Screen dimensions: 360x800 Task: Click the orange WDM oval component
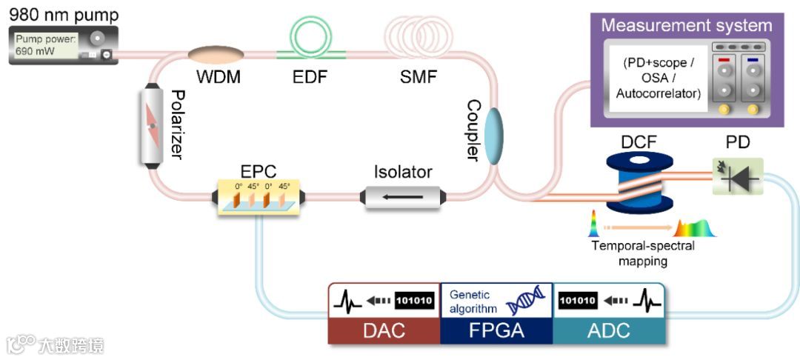[216, 54]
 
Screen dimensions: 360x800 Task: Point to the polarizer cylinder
[152, 126]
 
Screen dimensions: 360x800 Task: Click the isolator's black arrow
[403, 197]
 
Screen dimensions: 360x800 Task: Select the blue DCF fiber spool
[639, 182]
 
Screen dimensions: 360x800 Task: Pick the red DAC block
[384, 330]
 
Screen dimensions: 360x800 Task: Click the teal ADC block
[609, 330]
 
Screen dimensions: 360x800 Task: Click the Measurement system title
[686, 25]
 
